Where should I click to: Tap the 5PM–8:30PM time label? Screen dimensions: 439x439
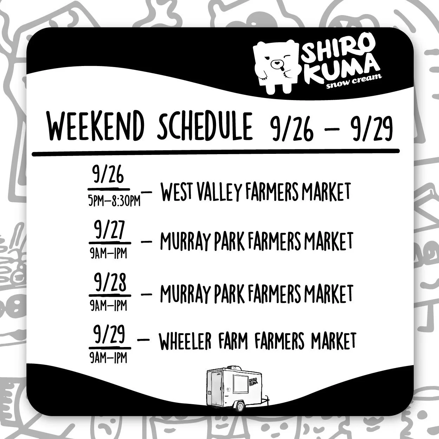point(114,201)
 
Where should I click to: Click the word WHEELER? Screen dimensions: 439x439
point(185,341)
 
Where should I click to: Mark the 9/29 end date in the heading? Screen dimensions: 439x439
point(371,128)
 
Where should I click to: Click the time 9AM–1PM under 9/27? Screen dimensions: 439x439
point(108,253)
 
